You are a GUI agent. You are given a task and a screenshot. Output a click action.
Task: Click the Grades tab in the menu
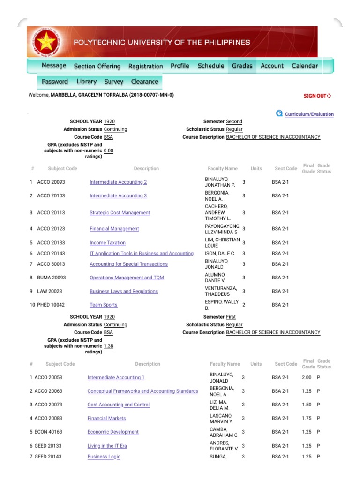242,66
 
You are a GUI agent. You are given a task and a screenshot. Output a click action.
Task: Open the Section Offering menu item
97,66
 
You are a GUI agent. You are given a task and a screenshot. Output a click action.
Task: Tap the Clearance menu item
144,82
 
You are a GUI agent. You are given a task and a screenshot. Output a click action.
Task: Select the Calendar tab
305,66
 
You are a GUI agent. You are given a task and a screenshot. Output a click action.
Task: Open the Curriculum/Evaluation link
309,114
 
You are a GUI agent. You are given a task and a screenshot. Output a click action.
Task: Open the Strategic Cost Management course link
120,213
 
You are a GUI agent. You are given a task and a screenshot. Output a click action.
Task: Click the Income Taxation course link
107,243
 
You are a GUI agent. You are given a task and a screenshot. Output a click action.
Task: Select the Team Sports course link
103,305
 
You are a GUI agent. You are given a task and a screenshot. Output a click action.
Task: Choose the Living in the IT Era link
106,446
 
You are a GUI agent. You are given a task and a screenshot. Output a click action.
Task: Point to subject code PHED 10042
51,305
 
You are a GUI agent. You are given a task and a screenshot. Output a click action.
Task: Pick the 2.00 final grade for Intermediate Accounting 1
307,377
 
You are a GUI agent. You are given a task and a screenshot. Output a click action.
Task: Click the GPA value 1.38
108,346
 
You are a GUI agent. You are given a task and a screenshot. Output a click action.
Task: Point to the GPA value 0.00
108,150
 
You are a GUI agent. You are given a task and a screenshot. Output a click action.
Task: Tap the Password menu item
55,82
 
